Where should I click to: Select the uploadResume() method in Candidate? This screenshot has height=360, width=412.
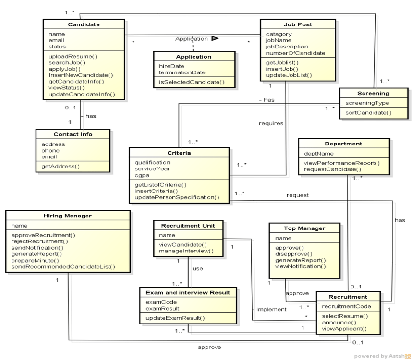click(73, 56)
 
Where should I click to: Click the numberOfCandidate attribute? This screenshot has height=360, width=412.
click(295, 53)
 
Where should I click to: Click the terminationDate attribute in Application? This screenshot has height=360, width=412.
click(182, 72)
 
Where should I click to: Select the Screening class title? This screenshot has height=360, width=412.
click(373, 93)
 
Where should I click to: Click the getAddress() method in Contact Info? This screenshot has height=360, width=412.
click(61, 166)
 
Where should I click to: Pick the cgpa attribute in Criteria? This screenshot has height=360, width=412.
click(142, 175)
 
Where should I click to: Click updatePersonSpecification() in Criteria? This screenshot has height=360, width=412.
click(176, 197)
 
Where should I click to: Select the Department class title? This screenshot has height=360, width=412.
click(343, 143)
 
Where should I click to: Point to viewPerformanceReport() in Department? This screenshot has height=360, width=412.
click(341, 163)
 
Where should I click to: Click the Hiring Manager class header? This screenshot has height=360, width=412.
click(68, 216)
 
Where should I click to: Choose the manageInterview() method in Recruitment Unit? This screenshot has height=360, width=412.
click(186, 251)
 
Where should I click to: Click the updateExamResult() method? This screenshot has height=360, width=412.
click(175, 318)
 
